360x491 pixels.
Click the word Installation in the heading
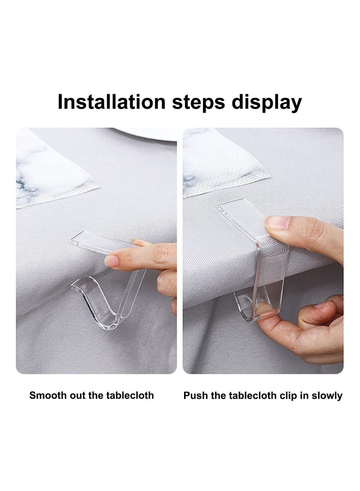112,103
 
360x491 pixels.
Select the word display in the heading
266,103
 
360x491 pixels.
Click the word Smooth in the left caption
46,396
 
